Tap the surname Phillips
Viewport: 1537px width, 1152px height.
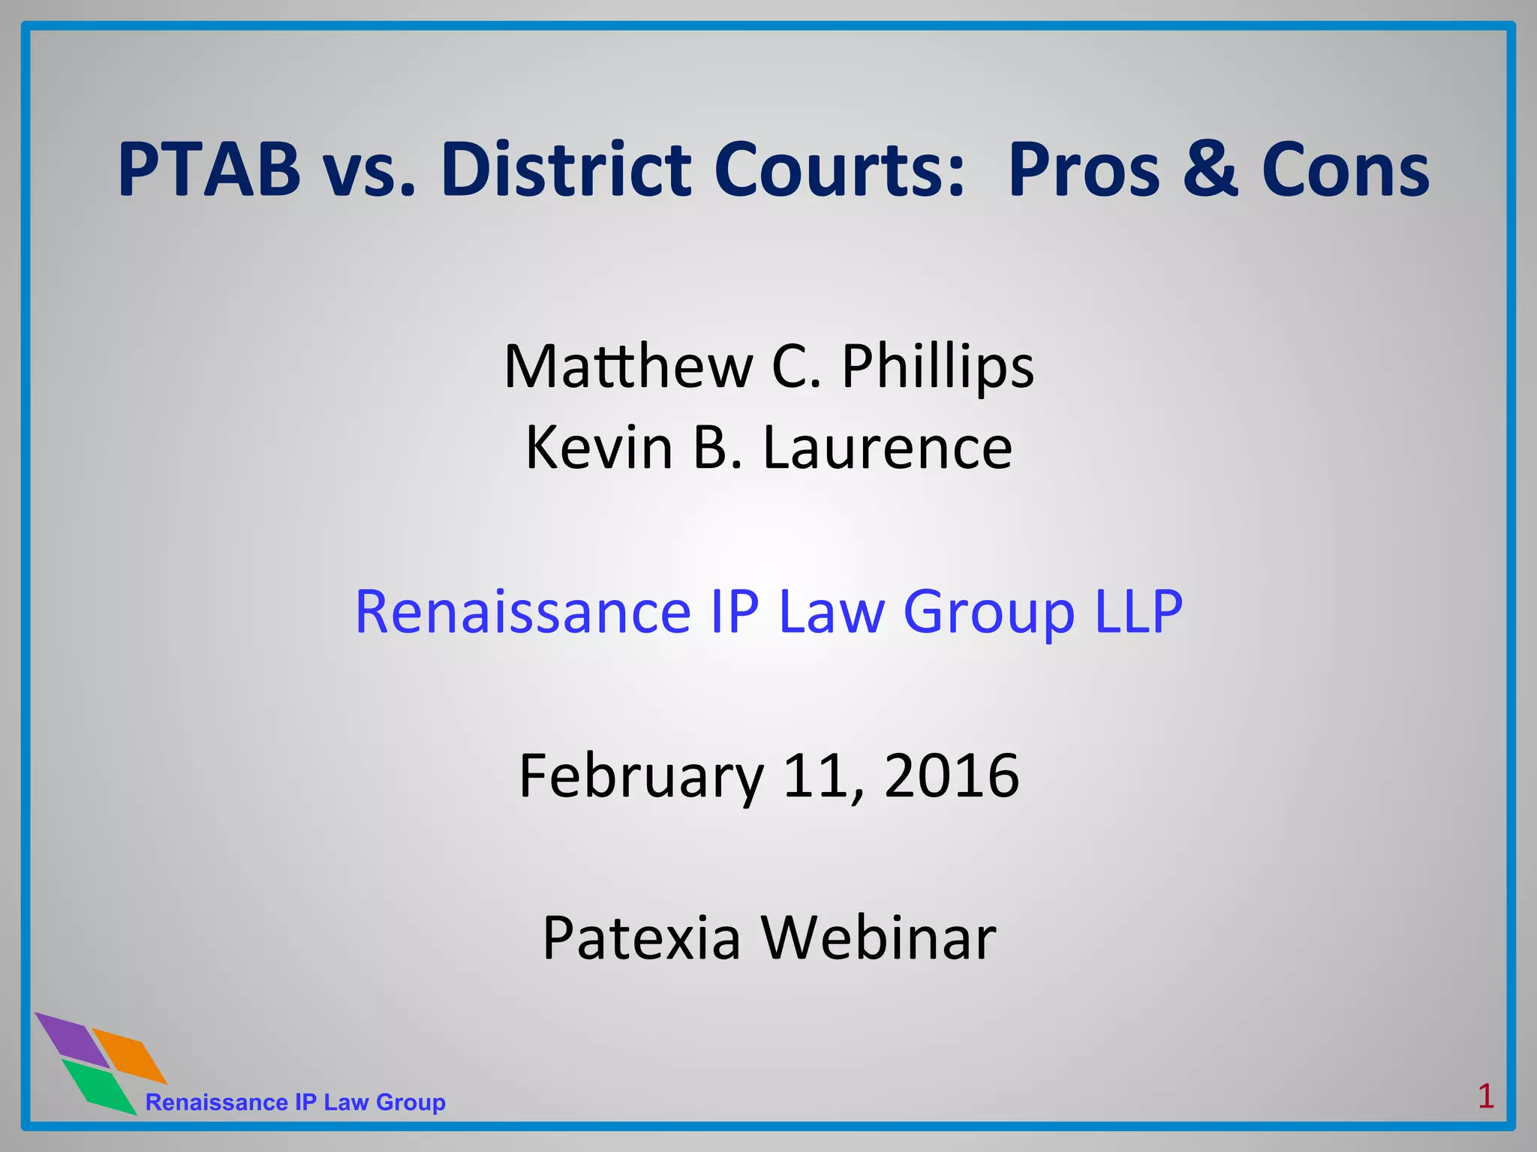point(937,367)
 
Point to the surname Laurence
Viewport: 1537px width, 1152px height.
point(887,448)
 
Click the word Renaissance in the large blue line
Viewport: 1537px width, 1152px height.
point(522,611)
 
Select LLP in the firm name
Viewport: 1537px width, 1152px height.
point(1138,611)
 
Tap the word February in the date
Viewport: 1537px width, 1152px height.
point(642,776)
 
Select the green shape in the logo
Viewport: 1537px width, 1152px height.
point(99,1086)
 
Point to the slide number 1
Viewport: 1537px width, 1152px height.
point(1485,1096)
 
